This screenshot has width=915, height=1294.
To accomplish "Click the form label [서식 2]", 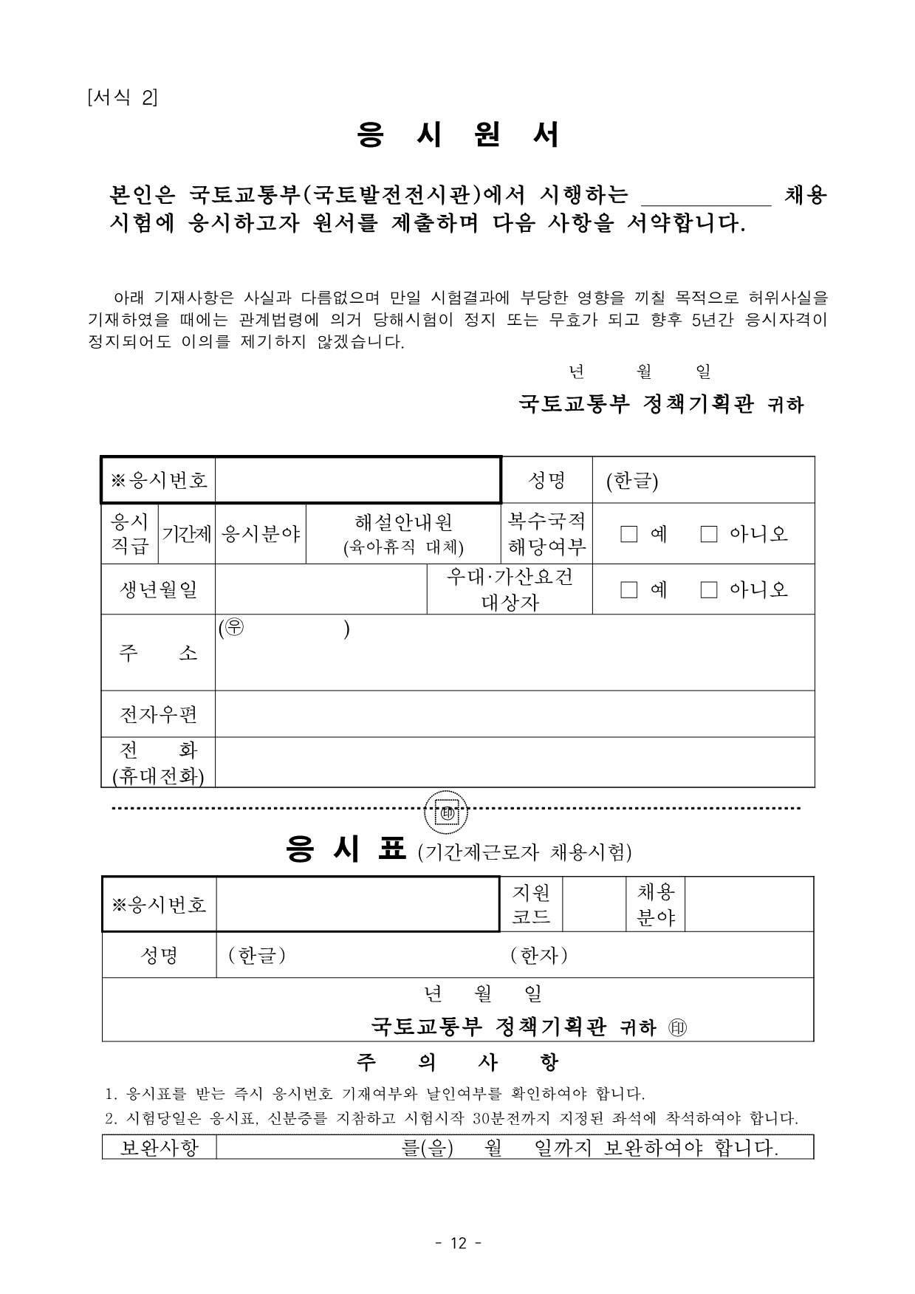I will coord(122,97).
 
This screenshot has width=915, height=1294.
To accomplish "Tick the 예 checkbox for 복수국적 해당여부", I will coord(629,534).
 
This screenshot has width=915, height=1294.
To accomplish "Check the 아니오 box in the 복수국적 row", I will coord(709,534).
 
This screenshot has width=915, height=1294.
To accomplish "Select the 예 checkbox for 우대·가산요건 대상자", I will coord(629,589).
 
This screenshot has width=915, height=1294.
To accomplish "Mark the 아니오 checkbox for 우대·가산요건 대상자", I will coord(709,589).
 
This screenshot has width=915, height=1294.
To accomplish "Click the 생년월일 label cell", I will coord(158,589).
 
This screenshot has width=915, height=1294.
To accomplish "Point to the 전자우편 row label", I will coord(158,714).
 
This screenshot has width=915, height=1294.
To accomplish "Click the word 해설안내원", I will coord(403,523).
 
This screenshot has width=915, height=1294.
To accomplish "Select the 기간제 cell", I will coord(188,534).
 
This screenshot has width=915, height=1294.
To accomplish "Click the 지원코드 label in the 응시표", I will coord(531,905).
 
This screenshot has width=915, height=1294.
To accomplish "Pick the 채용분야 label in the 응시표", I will coord(656,905).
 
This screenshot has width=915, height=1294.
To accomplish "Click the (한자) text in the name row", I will coord(539,956).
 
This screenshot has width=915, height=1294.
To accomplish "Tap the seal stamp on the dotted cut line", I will coord(448,814).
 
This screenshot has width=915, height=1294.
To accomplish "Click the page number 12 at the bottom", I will coord(458,1244).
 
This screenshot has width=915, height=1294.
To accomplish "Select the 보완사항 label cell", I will coord(159,1147).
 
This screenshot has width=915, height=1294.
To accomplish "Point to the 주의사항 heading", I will coord(457,1063).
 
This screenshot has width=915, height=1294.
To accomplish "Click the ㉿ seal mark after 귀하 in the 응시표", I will coord(677,1028).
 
